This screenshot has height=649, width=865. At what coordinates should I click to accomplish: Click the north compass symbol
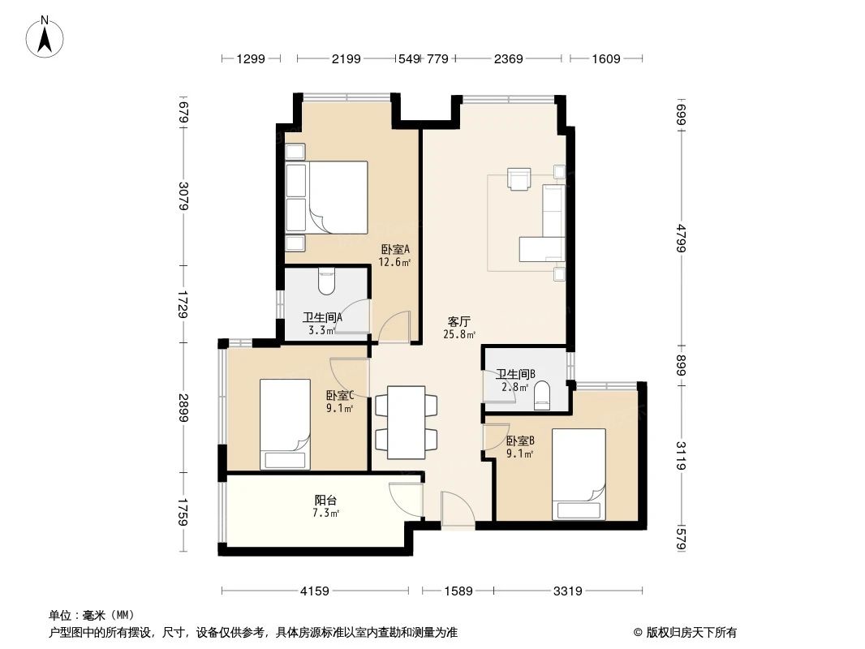click(47, 37)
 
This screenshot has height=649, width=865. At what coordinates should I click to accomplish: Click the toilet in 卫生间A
click(327, 282)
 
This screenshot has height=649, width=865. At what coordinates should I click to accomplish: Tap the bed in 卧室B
click(579, 473)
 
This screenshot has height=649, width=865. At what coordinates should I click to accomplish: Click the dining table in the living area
click(405, 421)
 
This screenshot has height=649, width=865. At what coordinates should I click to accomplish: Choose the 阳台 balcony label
click(326, 506)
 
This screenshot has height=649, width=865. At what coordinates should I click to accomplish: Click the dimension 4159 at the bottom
click(314, 591)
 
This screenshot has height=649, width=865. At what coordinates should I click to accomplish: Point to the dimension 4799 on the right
click(681, 232)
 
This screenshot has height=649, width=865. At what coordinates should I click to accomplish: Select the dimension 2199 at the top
click(346, 58)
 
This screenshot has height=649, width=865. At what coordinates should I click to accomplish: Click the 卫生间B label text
click(516, 375)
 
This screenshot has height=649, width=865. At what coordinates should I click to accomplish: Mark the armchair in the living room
click(518, 178)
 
